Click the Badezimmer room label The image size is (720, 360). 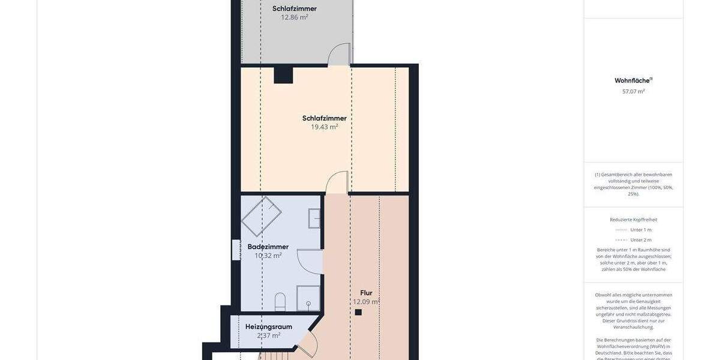tap(268, 247)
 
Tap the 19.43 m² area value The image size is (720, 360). tap(324, 127)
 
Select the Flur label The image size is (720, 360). tap(366, 293)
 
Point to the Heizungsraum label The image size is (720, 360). tap(268, 326)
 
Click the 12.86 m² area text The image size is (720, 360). tap(294, 17)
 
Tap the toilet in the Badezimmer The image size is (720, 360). tap(280, 302)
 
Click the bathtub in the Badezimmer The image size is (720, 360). tap(262, 215)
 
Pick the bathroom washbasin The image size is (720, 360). tap(314, 218)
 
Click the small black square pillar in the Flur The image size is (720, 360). tap(358, 312)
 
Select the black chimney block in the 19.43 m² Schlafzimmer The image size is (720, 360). tap(283, 75)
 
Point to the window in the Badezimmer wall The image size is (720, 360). tap(236, 250)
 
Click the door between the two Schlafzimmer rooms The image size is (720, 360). tap(339, 54)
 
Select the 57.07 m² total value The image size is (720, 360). tap(633, 92)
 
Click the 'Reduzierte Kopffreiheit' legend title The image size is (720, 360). tap(633, 220)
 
